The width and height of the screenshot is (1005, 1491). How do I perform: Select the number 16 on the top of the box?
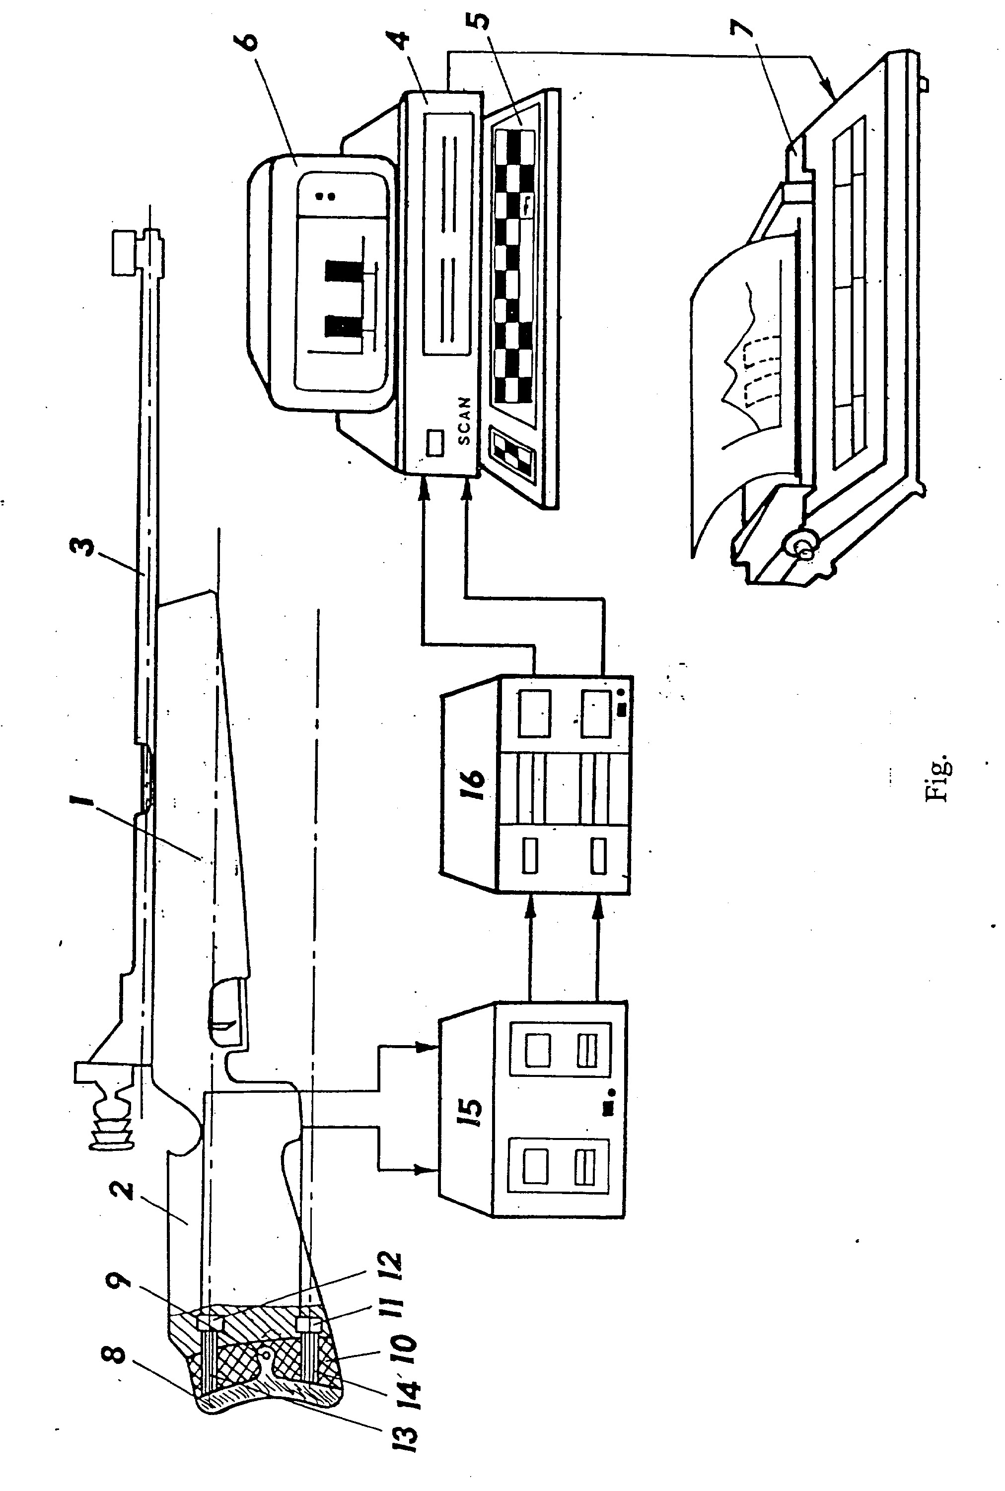[x=472, y=777]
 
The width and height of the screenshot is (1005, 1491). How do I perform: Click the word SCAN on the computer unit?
[x=464, y=421]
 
